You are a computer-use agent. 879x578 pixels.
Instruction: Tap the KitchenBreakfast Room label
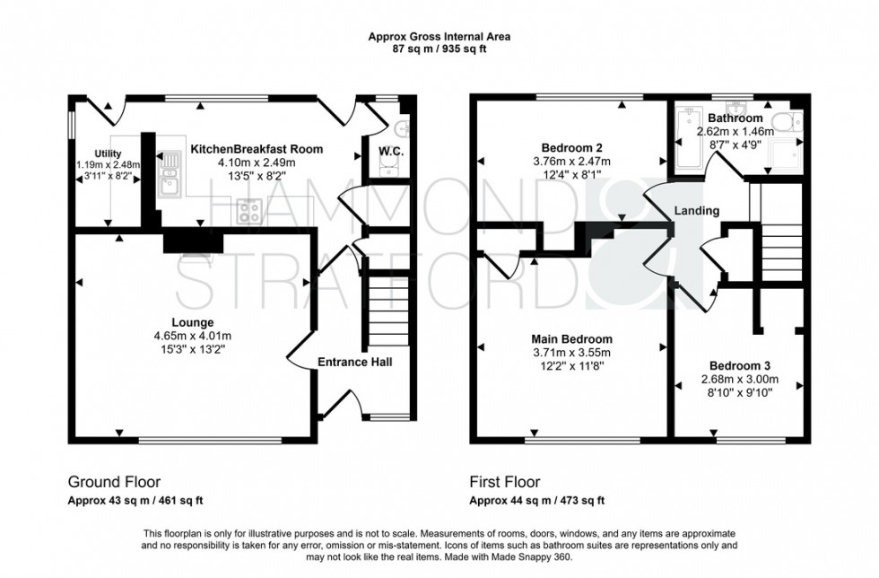(256, 149)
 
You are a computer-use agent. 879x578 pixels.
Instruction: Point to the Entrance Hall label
(355, 362)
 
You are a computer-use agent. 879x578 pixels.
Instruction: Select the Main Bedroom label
(571, 339)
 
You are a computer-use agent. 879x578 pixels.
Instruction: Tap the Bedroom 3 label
(739, 366)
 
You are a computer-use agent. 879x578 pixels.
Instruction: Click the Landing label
(697, 211)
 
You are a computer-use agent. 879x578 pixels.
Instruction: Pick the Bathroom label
(735, 118)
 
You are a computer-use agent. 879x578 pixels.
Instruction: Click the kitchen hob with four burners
(248, 211)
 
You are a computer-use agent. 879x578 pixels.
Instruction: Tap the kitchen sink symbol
(169, 175)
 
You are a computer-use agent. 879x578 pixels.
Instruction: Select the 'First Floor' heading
(505, 482)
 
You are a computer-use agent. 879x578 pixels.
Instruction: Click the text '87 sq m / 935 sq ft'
(439, 48)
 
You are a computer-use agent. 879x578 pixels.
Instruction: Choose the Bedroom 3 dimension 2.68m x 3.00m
(739, 380)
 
